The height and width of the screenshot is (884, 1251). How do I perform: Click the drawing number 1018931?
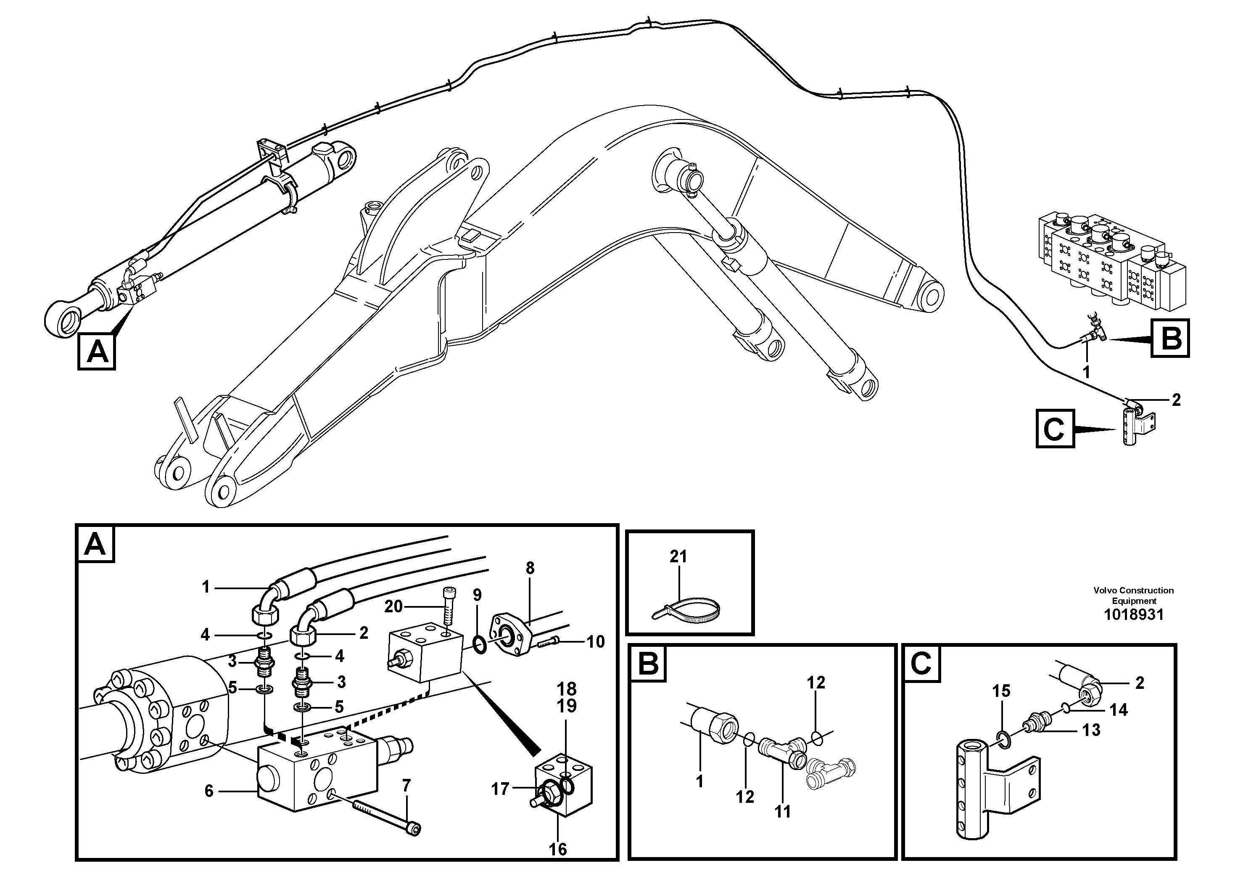coord(1133,615)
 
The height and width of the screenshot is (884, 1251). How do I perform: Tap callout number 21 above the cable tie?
coord(678,556)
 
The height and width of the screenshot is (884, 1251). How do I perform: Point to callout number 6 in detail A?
coord(208,791)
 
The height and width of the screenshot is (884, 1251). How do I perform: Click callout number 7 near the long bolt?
coord(406,786)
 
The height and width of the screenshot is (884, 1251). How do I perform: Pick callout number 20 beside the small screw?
coord(393,606)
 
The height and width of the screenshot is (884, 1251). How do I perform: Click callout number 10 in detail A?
coord(596,641)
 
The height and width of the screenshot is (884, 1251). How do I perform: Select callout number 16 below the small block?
coord(558,849)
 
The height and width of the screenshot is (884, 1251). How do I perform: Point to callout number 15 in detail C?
coord(1001,691)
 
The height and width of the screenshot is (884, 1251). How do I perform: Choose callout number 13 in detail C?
coord(1091,730)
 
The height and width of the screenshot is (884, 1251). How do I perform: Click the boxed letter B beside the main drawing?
coord(1170,338)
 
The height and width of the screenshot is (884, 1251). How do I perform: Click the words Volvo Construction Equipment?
coord(1133,595)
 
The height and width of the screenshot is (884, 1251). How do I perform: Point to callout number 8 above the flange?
coord(530,568)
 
